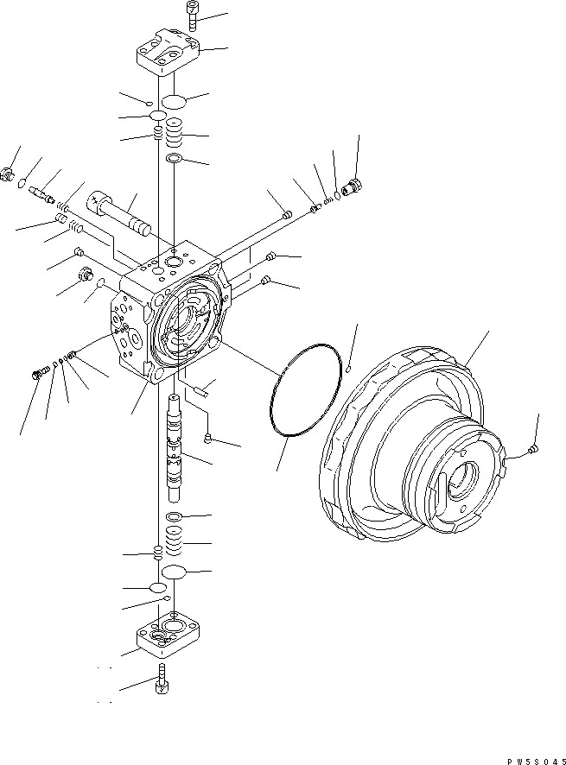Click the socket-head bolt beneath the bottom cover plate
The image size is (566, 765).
162,684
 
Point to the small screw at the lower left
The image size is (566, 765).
38,372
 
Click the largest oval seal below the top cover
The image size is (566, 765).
174,101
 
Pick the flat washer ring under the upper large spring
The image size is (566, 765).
174,158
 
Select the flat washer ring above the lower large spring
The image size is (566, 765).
173,515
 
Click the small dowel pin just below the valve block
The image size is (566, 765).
200,391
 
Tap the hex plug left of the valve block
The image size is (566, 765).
86,275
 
